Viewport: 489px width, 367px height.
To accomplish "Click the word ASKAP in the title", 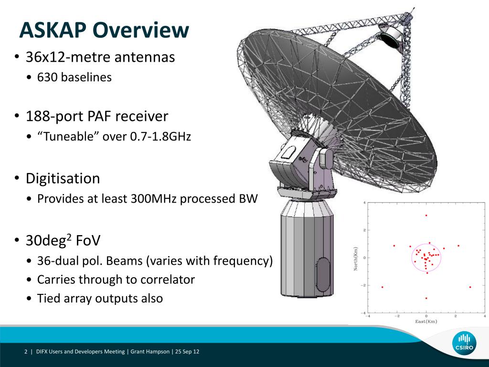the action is (x=53, y=30).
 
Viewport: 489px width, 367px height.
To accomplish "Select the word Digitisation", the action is (x=63, y=179).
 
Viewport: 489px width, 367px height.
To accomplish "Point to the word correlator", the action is (x=168, y=280).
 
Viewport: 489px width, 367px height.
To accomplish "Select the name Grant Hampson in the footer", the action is (x=150, y=352).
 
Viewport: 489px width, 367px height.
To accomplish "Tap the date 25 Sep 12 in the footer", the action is (x=187, y=352).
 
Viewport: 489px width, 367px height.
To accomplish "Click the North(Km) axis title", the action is (x=356, y=259).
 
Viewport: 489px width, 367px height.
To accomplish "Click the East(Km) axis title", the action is (x=426, y=322).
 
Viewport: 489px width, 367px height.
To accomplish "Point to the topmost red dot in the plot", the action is (x=426, y=216).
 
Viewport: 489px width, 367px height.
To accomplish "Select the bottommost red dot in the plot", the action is (x=426, y=298).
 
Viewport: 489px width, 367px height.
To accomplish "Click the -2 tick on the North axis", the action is (x=363, y=285).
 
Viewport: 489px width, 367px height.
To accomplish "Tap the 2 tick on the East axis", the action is (x=455, y=316).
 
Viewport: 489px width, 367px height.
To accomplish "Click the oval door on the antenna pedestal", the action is (x=322, y=275).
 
